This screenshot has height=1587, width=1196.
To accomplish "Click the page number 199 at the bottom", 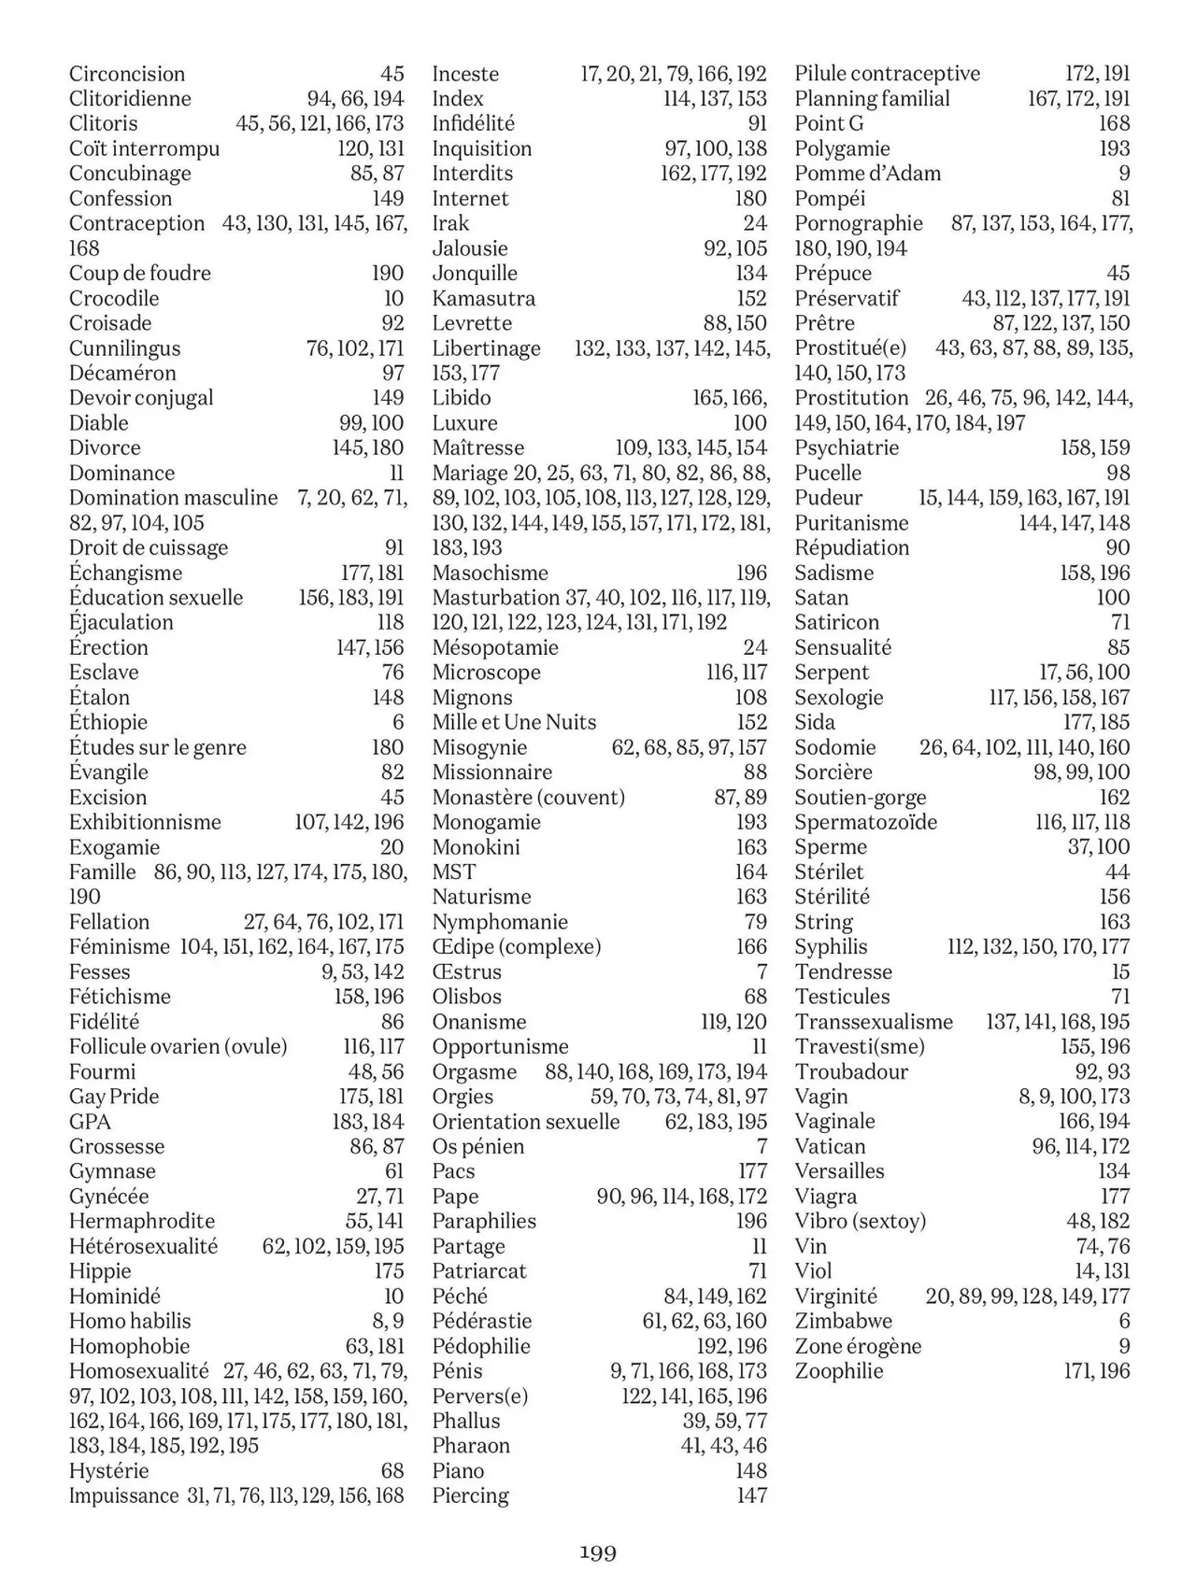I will (x=598, y=1552).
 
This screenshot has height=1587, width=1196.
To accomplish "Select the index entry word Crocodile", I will (x=114, y=298).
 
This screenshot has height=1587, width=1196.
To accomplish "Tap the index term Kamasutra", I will (x=483, y=298).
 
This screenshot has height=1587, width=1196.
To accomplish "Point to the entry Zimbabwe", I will (x=843, y=1321).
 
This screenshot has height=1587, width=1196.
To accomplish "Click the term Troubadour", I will (x=851, y=1071).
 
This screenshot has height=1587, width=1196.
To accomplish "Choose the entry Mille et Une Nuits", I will (x=514, y=722).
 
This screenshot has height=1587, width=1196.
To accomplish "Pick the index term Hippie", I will (x=100, y=1270).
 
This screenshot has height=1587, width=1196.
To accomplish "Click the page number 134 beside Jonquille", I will (x=751, y=273).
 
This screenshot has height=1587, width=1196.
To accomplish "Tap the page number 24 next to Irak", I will (x=755, y=223).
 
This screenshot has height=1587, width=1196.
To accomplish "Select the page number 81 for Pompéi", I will (x=1120, y=198).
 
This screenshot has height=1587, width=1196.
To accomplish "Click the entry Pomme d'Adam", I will (x=867, y=173).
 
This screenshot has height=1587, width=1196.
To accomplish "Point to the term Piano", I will (x=458, y=1470).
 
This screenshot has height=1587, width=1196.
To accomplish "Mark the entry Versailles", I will (x=839, y=1171).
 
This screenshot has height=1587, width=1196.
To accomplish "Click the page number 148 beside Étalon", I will (x=388, y=697).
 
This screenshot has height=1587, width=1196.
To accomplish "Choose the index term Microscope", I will (x=486, y=673).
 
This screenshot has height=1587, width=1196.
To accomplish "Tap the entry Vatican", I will (x=830, y=1146).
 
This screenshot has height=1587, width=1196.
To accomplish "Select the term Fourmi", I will (x=102, y=1071).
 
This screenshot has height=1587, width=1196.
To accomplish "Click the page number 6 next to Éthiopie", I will (x=398, y=722).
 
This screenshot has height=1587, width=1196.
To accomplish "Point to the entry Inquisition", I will (x=481, y=149).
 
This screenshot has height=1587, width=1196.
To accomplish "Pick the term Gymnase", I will (x=112, y=1171).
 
